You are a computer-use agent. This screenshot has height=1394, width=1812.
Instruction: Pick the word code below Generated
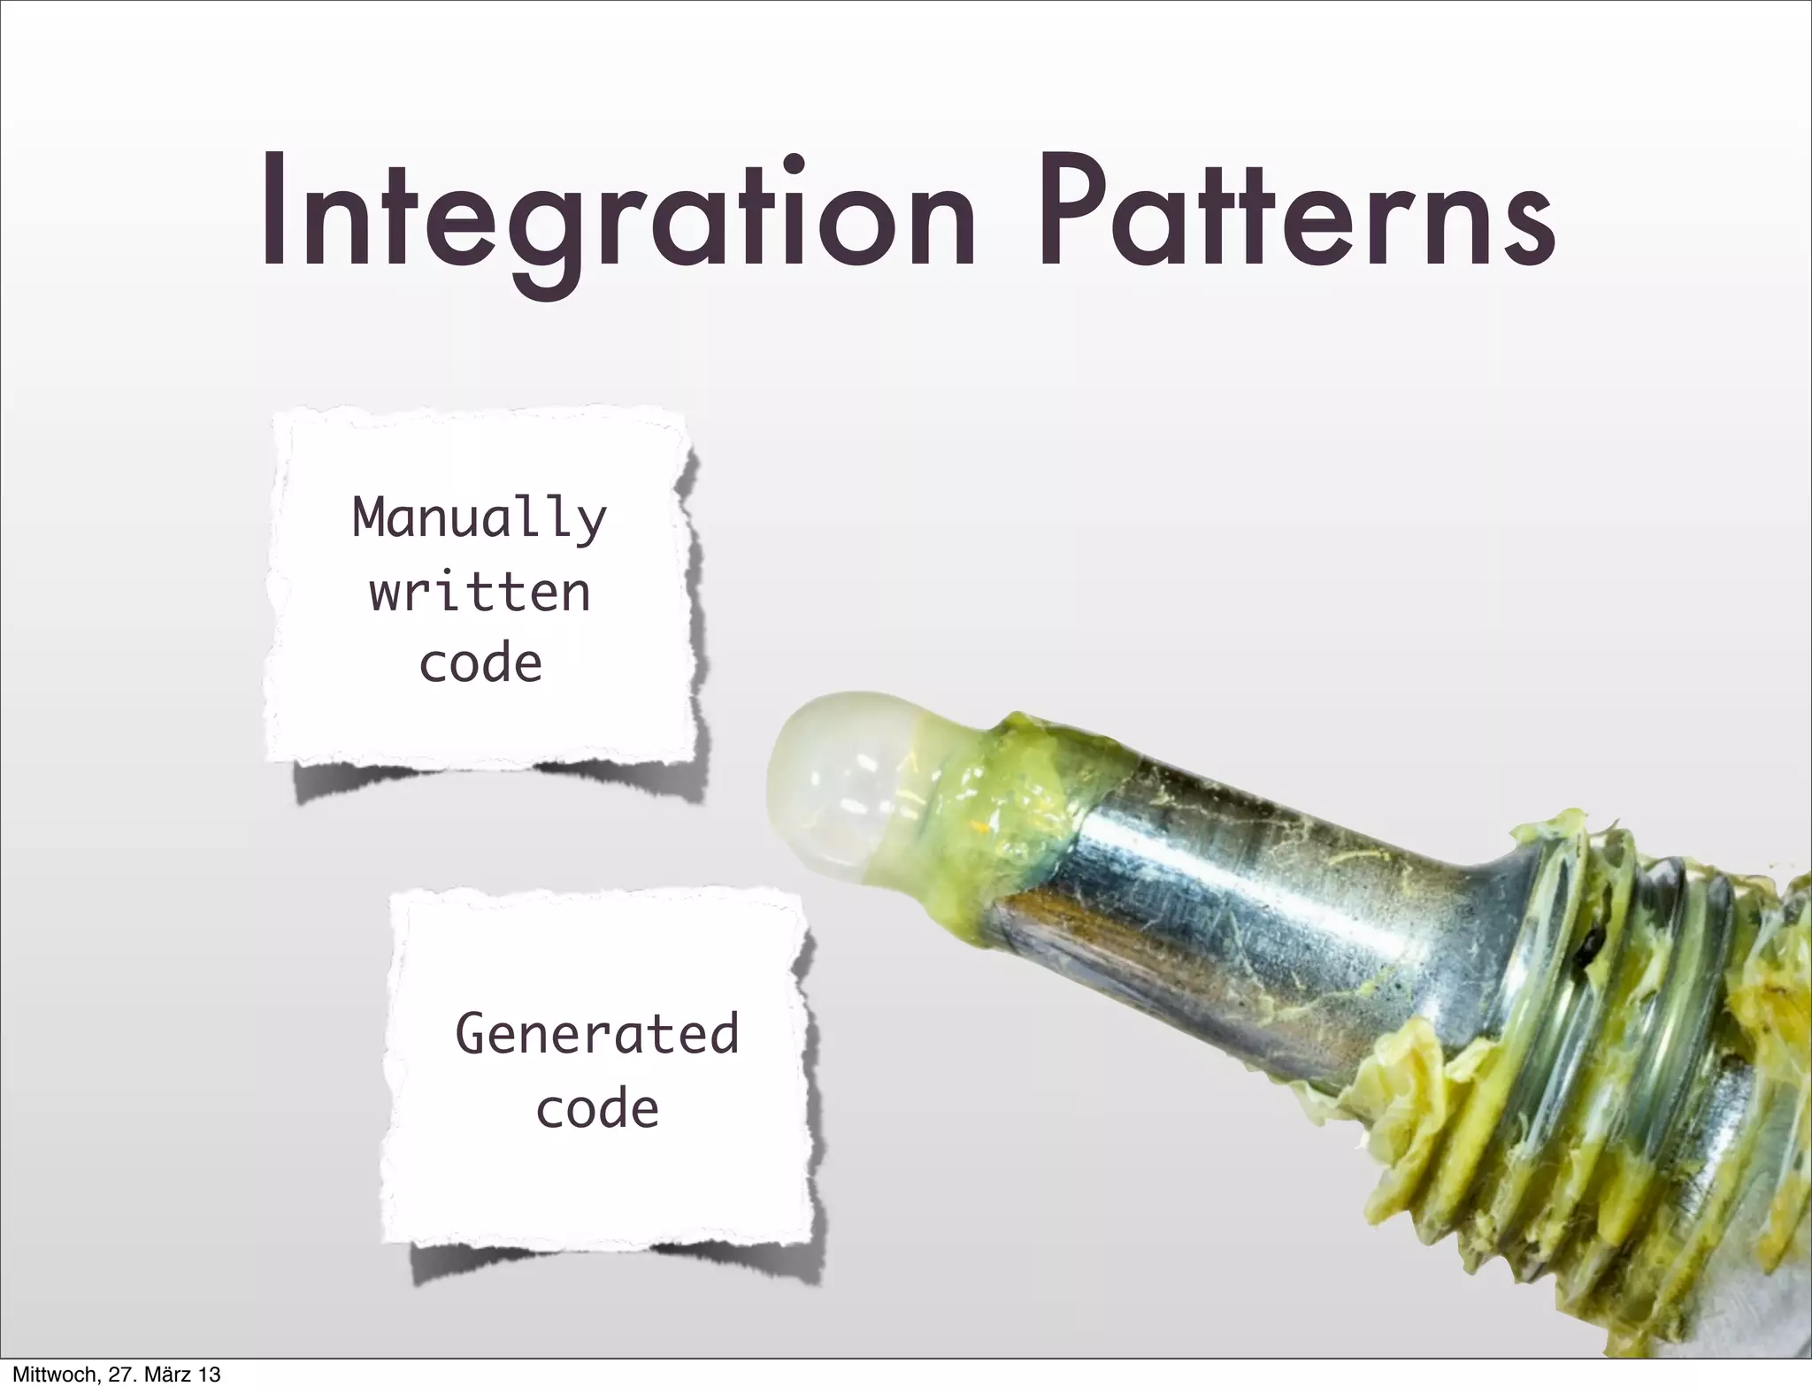tap(597, 1107)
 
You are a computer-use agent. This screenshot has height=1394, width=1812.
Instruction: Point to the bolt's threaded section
tap(1637, 1061)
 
